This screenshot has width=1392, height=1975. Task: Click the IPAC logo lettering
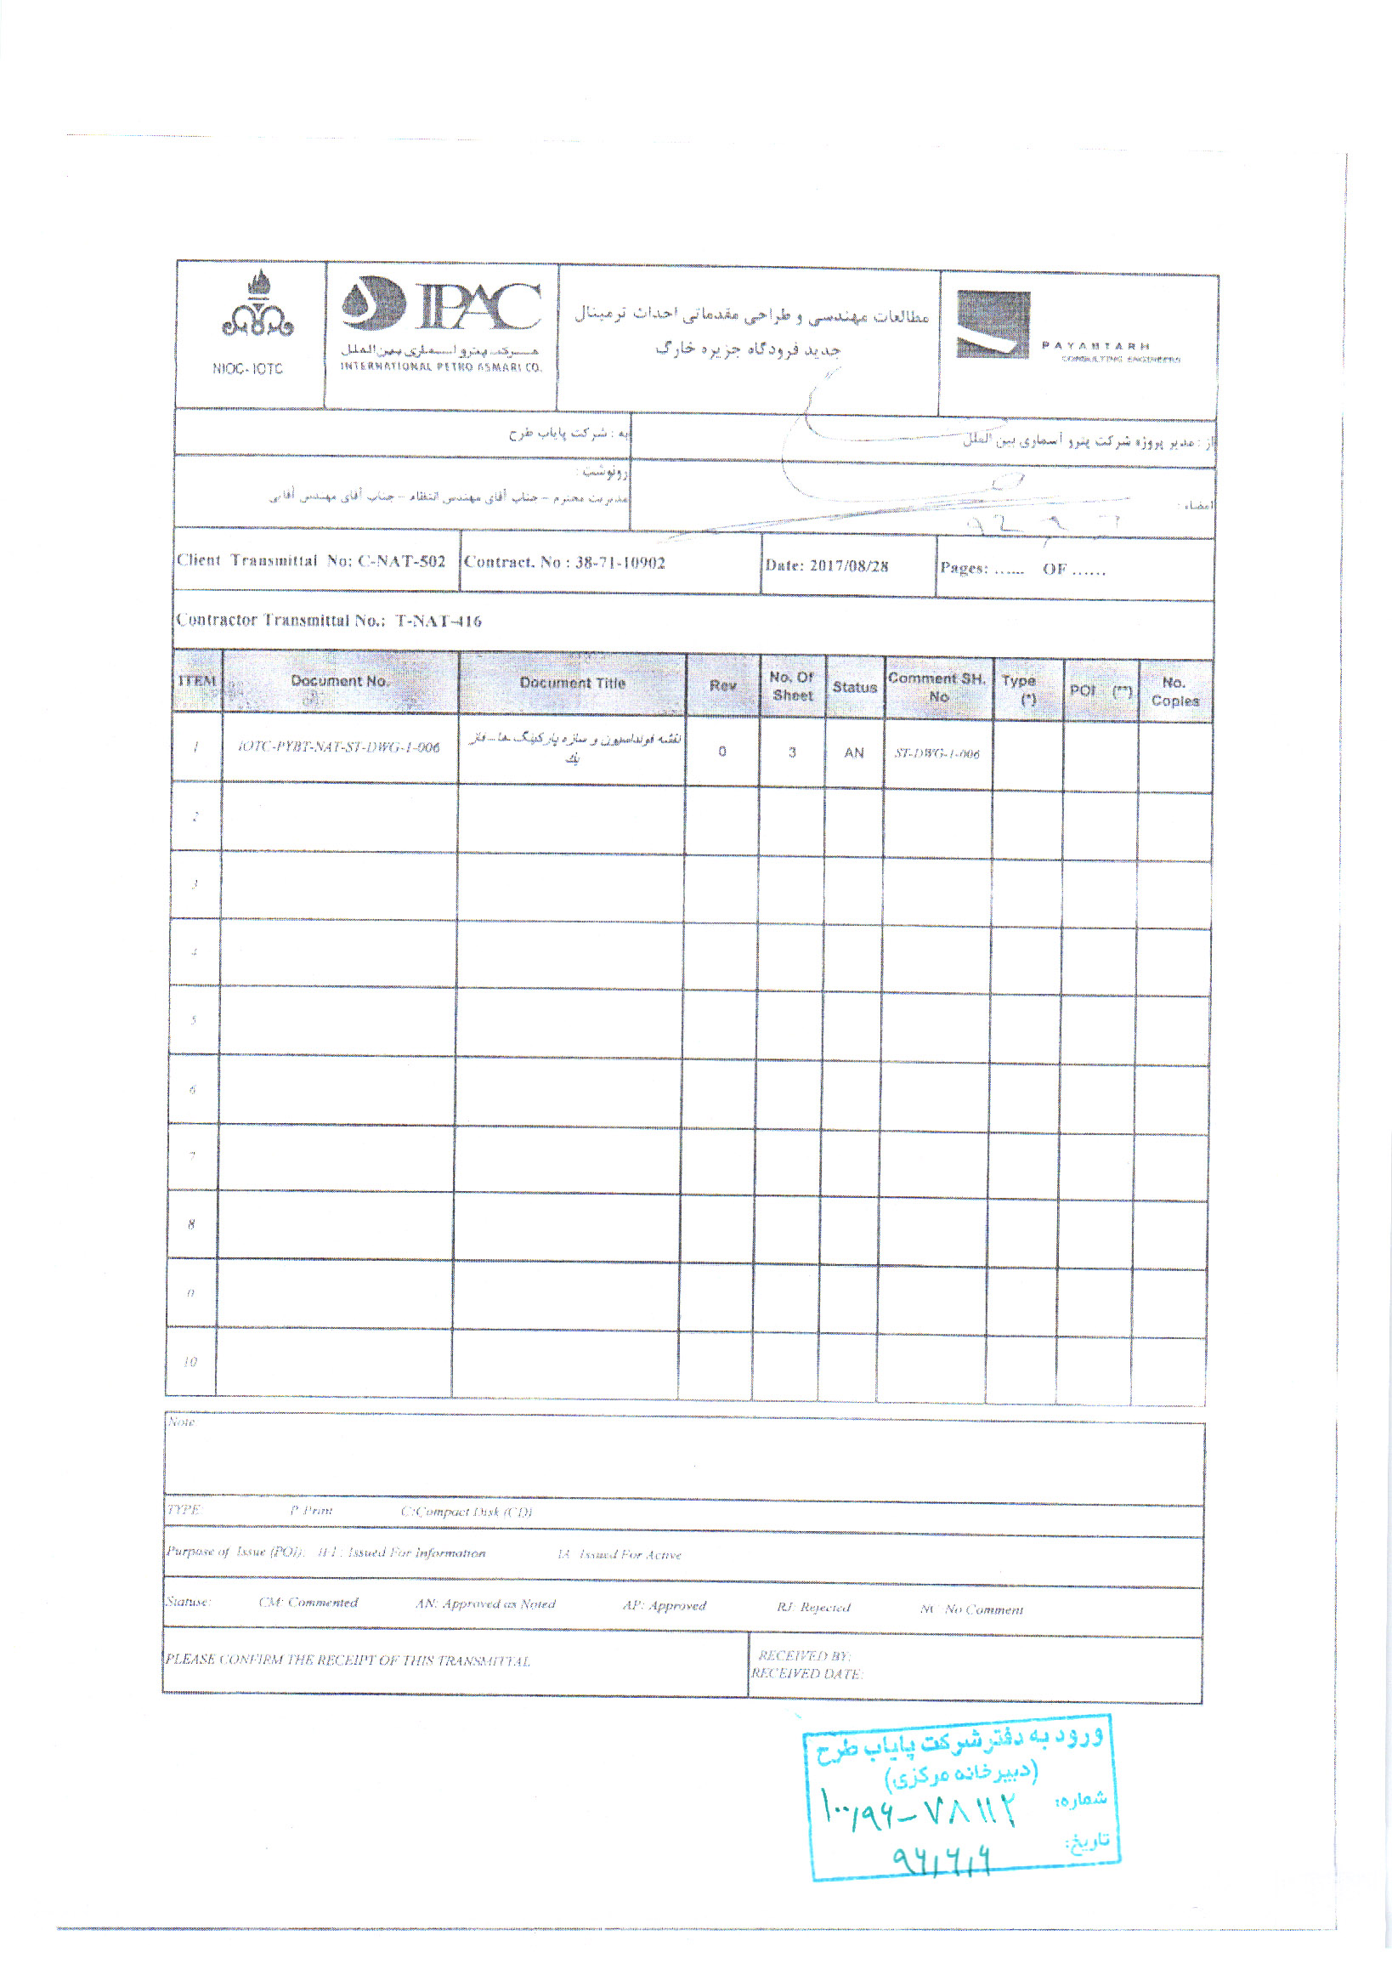point(478,306)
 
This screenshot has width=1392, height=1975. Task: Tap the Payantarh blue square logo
point(993,324)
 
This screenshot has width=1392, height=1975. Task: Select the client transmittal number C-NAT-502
point(401,562)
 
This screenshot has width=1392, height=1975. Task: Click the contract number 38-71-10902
point(620,564)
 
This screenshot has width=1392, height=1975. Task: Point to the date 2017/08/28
point(849,566)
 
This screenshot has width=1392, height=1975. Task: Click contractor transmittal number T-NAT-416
point(439,621)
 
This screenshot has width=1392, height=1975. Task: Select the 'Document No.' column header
point(340,681)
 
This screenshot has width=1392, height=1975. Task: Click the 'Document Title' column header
point(573,683)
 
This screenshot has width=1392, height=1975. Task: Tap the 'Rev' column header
point(722,685)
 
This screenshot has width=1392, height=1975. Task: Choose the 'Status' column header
point(854,687)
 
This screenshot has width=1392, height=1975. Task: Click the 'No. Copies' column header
point(1174,691)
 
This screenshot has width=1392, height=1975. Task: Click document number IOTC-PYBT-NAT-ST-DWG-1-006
point(339,747)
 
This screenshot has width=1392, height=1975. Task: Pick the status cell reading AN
point(853,752)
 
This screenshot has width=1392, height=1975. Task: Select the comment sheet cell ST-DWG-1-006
point(936,753)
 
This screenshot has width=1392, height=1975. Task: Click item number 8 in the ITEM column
point(191,1224)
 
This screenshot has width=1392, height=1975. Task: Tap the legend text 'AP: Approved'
point(664,1605)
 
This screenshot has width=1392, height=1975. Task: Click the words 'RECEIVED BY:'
point(804,1655)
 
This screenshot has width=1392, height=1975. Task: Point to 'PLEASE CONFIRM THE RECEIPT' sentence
point(348,1660)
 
